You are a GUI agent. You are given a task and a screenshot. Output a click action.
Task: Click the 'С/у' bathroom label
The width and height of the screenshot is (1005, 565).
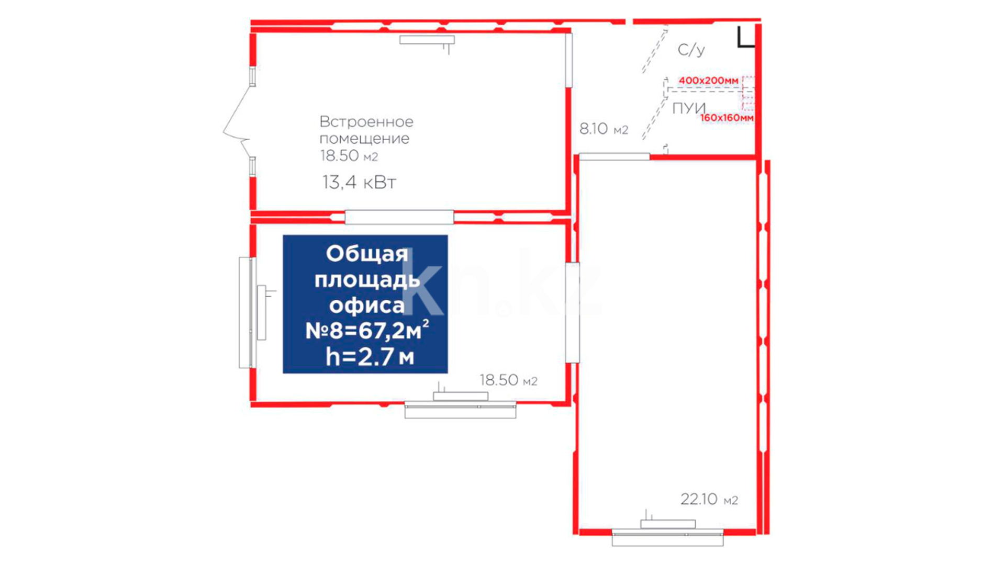pyautogui.click(x=691, y=50)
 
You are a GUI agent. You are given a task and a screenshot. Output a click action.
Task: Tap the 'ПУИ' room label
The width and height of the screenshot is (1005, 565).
pyautogui.click(x=689, y=108)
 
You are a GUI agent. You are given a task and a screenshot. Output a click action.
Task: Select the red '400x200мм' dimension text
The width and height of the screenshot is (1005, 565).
pyautogui.click(x=708, y=81)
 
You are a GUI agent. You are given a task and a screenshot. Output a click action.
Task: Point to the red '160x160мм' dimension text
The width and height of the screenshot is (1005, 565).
pyautogui.click(x=727, y=118)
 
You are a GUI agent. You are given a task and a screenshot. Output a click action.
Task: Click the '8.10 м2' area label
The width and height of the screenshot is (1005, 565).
pyautogui.click(x=604, y=129)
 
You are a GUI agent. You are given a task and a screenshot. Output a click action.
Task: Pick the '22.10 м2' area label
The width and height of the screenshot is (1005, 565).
pyautogui.click(x=709, y=500)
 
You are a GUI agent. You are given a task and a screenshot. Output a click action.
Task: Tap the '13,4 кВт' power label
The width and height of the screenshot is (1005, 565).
pyautogui.click(x=359, y=183)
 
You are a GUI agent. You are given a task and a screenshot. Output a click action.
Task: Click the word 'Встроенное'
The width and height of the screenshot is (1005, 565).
pyautogui.click(x=366, y=122)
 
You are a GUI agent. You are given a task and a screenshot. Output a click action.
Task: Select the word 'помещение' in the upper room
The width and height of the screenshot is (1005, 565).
pyautogui.click(x=364, y=139)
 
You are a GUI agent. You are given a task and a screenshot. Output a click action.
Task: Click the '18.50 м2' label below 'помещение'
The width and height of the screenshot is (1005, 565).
pyautogui.click(x=349, y=156)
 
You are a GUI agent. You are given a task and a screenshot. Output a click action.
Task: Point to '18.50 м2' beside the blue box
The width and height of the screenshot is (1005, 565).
pyautogui.click(x=509, y=380)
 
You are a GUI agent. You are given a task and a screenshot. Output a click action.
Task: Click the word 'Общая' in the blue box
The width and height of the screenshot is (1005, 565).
pyautogui.click(x=367, y=254)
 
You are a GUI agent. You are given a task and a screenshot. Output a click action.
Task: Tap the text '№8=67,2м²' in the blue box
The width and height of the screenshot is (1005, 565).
pyautogui.click(x=367, y=331)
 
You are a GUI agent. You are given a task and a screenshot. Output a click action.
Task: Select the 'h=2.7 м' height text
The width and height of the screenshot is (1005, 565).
pyautogui.click(x=370, y=357)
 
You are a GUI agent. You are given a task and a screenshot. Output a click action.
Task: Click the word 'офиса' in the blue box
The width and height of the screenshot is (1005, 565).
pyautogui.click(x=367, y=306)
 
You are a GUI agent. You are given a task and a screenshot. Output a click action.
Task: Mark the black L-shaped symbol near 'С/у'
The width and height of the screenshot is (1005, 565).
pyautogui.click(x=746, y=38)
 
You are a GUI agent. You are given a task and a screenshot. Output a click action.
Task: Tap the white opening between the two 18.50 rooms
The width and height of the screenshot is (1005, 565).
pyautogui.click(x=399, y=217)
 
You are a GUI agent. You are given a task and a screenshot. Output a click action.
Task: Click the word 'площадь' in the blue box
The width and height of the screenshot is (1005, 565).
pyautogui.click(x=367, y=280)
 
